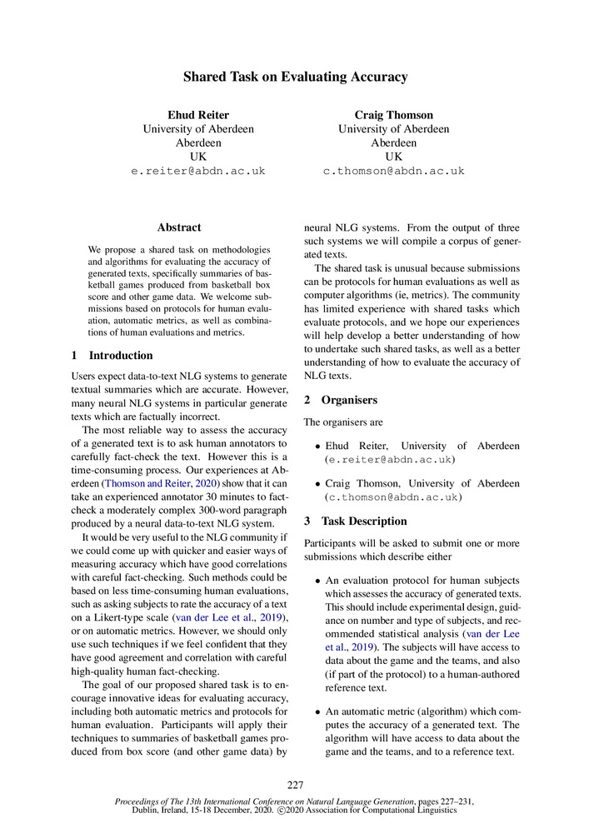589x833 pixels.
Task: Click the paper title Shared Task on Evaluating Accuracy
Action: pyautogui.click(x=295, y=77)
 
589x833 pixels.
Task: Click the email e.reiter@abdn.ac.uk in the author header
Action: pyautogui.click(x=198, y=171)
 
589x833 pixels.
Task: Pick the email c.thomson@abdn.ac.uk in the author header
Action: pyautogui.click(x=393, y=171)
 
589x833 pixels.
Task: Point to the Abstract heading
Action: pyautogui.click(x=179, y=227)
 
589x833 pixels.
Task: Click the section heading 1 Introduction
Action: pyautogui.click(x=112, y=356)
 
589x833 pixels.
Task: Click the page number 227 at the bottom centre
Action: pyautogui.click(x=295, y=785)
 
